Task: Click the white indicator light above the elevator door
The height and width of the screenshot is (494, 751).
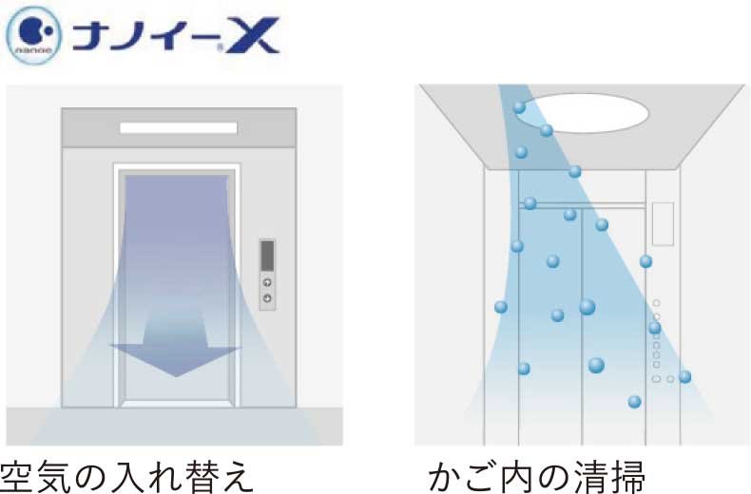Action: pyautogui.click(x=178, y=127)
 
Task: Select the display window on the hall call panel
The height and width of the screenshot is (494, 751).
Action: pyautogui.click(x=267, y=256)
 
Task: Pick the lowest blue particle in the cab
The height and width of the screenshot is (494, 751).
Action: pyautogui.click(x=634, y=402)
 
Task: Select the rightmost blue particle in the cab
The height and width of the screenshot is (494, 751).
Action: pyautogui.click(x=684, y=376)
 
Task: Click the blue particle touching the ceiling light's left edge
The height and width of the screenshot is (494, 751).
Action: pyautogui.click(x=519, y=107)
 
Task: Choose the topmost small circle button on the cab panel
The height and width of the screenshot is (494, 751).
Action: pyautogui.click(x=656, y=303)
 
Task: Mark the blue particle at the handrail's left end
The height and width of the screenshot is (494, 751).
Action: pyautogui.click(x=530, y=203)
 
